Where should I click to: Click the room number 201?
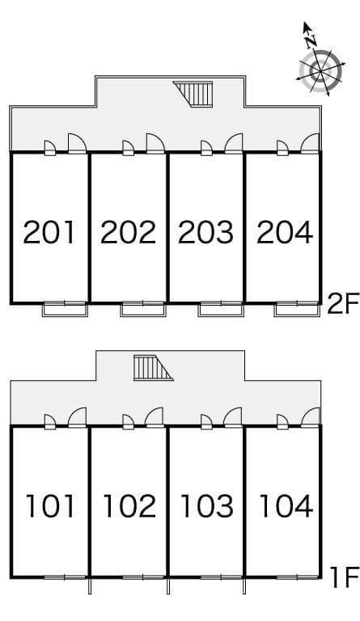click(49, 232)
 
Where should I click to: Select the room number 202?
click(128, 232)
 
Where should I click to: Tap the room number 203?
click(205, 232)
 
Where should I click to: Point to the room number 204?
click(284, 232)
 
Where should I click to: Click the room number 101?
click(50, 506)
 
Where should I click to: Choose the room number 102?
click(129, 506)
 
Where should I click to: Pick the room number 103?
click(206, 506)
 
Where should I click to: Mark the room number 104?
click(285, 506)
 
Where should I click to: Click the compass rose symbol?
click(320, 70)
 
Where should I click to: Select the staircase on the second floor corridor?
click(197, 94)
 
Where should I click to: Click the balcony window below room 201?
click(65, 308)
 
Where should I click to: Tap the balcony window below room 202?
click(143, 308)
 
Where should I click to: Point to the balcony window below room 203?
click(221, 308)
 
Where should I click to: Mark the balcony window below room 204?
click(296, 308)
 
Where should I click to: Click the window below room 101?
click(65, 577)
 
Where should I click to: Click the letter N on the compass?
click(309, 37)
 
